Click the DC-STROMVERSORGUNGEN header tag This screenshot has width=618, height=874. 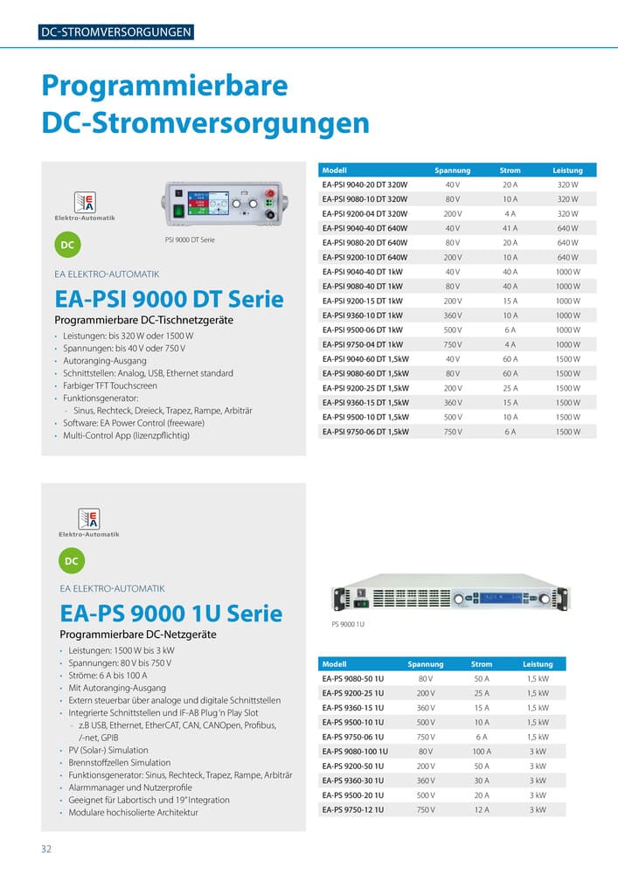point(116,33)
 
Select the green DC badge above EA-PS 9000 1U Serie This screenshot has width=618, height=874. point(72,560)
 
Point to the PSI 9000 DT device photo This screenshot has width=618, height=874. point(226,205)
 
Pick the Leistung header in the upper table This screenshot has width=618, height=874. point(567,170)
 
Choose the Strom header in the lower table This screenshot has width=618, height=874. point(481,664)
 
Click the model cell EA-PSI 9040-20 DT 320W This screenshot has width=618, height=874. point(365,185)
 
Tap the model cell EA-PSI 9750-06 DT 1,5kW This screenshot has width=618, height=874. point(365,432)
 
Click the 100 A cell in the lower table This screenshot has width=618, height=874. point(481,752)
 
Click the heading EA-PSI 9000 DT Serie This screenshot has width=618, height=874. point(169,299)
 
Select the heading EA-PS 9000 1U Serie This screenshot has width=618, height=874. point(170,613)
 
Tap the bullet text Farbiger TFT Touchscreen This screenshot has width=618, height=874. point(110,385)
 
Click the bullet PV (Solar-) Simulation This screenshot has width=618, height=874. point(108,750)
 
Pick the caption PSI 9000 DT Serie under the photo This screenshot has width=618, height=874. point(190,239)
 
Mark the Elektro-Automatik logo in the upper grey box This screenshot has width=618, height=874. point(85,207)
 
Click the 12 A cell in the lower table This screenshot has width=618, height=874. point(481,810)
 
